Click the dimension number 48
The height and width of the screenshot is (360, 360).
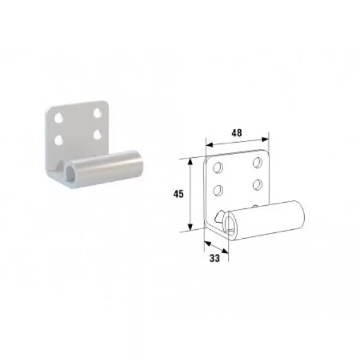[236, 133]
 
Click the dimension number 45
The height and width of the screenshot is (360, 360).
[178, 194]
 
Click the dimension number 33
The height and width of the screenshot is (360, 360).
[215, 258]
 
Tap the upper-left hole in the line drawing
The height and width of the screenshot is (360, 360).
[218, 167]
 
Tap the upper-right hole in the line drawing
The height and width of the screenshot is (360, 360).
[258, 162]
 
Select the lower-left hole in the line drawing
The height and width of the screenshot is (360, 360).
[218, 190]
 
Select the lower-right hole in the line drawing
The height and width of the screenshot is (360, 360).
[257, 185]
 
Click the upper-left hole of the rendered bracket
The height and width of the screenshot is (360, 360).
[59, 117]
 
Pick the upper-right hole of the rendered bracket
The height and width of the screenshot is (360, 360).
[98, 113]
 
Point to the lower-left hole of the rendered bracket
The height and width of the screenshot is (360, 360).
[59, 140]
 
